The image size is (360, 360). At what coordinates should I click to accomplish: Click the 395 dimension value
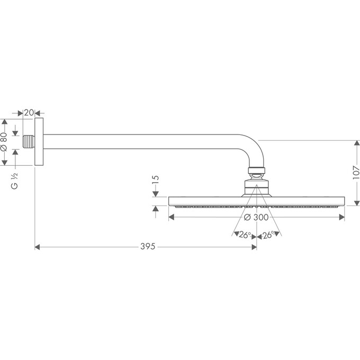click(149, 247)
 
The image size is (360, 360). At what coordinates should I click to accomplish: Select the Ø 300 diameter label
click(256, 217)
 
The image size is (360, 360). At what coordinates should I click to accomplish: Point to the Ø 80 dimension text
click(5, 142)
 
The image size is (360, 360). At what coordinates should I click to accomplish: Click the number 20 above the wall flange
click(29, 112)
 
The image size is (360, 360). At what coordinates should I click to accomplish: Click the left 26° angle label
click(244, 235)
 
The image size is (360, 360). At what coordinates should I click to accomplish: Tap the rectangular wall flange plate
click(39, 142)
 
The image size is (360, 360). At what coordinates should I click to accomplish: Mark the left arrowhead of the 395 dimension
click(38, 247)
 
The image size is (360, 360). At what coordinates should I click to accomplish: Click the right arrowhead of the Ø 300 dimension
click(342, 217)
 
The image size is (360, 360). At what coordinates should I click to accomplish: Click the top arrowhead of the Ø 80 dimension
click(5, 122)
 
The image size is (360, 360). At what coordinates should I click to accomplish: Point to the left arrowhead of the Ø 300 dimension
click(171, 217)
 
